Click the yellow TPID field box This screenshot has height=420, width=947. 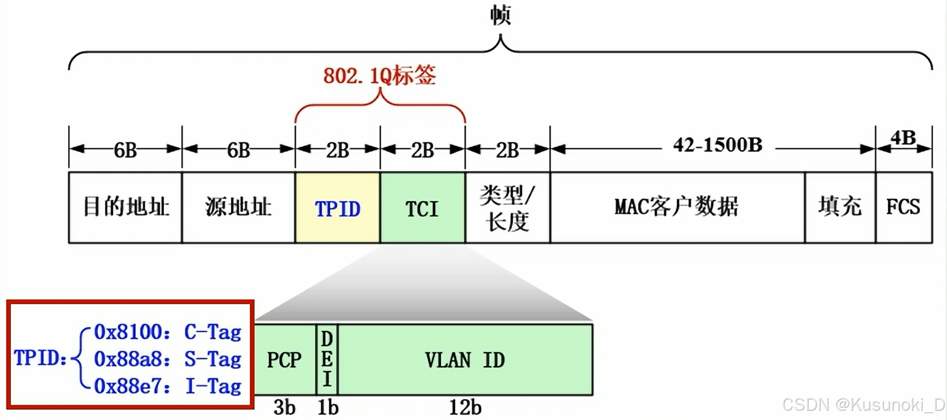pos(337,208)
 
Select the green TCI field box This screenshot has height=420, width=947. pos(422,208)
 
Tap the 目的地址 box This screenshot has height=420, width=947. pos(125,207)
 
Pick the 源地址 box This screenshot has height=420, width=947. pos(238,207)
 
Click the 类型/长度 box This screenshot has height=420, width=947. pos(507,208)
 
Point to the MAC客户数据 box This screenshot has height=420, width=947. pos(677,207)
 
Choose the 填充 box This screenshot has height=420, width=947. pos(840,207)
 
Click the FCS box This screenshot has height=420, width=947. pos(904,207)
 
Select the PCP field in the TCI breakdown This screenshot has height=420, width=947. pos(284,360)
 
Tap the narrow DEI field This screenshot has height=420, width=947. pos(327,359)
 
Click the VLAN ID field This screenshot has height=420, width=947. pos(465,360)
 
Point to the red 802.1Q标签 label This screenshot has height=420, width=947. pos(380,76)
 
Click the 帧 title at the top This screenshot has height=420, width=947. pos(500,15)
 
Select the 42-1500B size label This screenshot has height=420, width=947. pos(718,145)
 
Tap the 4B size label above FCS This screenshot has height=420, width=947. pos(904,138)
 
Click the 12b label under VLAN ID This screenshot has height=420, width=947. pos(465,407)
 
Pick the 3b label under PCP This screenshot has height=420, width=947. pos(284,407)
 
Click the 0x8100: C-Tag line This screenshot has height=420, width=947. pos(167,332)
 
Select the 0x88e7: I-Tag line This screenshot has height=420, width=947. pos(167,386)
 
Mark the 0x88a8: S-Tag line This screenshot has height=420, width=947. pos(167,359)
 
